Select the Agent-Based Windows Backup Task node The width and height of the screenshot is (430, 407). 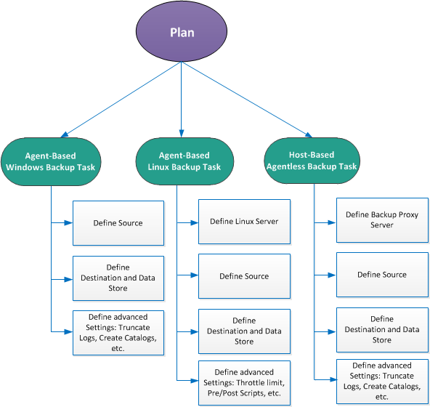click(51, 161)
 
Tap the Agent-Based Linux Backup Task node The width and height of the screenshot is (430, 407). click(184, 161)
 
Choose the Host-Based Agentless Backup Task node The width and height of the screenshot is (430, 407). click(311, 161)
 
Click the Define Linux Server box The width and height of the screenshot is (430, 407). click(244, 221)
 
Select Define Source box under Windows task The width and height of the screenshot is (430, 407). click(117, 222)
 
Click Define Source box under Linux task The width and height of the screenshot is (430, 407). click(244, 276)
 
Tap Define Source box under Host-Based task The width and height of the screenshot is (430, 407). click(382, 275)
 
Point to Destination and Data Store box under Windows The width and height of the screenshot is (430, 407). click(117, 278)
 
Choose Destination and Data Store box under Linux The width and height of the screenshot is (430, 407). click(244, 331)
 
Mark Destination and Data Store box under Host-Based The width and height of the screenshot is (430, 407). click(382, 329)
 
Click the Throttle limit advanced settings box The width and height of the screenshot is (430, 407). click(244, 382)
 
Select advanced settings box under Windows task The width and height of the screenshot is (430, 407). click(117, 332)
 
